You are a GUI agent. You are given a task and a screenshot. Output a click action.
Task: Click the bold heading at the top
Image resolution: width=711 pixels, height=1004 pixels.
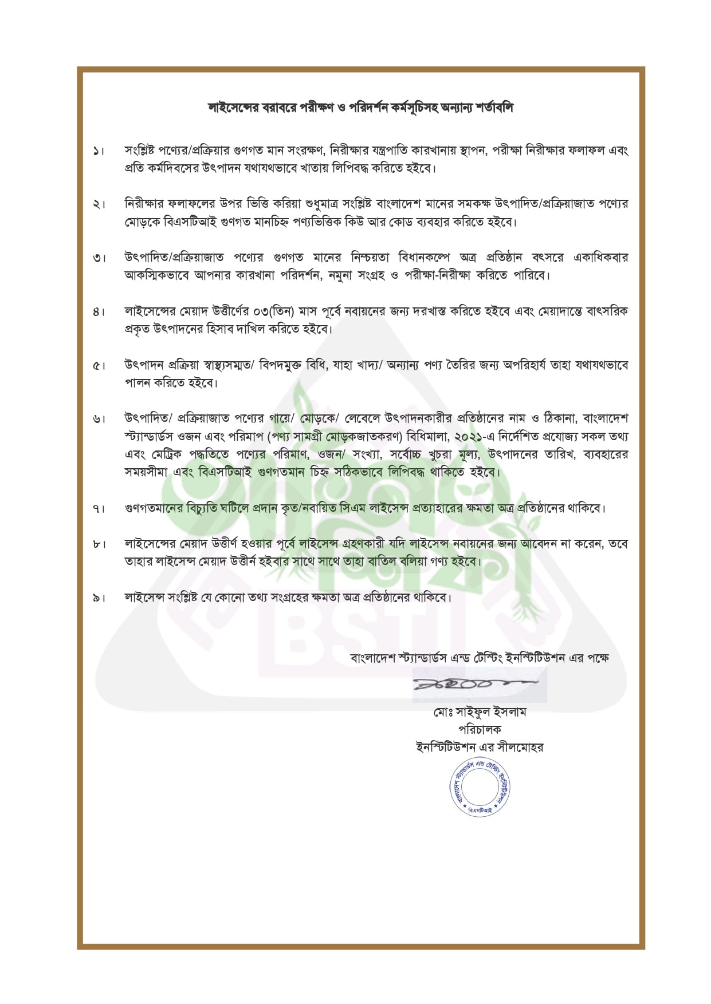(360, 108)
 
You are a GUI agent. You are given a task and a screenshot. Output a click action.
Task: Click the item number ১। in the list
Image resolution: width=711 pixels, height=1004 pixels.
(99, 152)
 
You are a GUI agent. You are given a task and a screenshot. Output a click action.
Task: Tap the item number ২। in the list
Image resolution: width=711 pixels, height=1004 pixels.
(99, 204)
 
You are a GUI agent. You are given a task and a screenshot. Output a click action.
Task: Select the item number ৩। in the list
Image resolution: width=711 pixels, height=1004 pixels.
(99, 258)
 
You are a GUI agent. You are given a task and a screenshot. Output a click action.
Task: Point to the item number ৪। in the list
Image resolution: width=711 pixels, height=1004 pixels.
(99, 312)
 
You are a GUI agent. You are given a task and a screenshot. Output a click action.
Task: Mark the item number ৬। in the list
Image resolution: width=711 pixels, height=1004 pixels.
(99, 420)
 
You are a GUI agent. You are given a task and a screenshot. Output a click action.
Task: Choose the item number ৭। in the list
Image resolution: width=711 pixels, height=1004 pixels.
(99, 508)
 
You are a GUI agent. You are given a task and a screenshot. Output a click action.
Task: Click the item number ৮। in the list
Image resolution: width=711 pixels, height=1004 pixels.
(99, 544)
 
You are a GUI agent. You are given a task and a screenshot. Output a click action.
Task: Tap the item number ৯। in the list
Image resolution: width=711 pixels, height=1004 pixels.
(99, 598)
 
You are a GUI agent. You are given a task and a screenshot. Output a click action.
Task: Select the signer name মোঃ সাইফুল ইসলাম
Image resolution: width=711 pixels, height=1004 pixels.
(480, 713)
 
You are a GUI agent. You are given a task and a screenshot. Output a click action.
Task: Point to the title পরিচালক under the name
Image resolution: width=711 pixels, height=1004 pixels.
(480, 730)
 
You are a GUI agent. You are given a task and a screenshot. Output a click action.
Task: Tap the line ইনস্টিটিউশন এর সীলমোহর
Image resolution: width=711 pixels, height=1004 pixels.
(480, 748)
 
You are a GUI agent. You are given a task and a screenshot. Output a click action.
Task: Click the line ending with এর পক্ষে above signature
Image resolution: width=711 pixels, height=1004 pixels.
(480, 658)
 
